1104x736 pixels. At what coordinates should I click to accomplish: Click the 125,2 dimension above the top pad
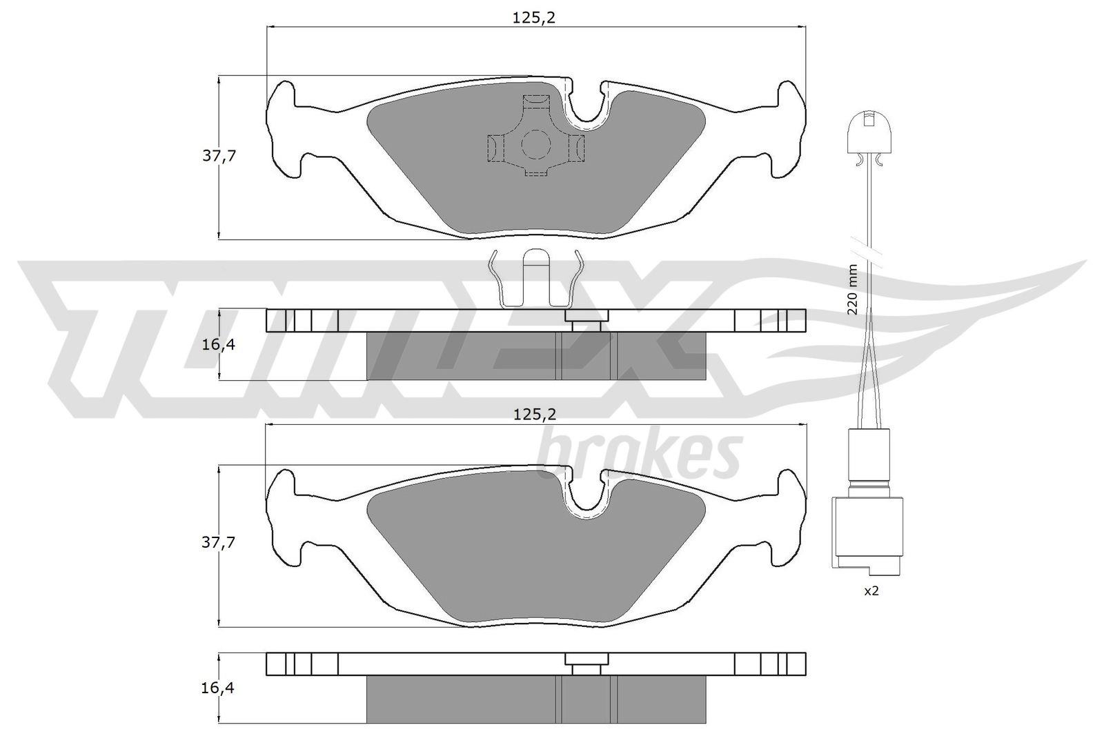coord(534,18)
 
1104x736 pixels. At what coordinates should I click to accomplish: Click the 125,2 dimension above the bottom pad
coord(535,415)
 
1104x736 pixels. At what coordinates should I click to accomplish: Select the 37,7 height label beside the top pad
coord(219,156)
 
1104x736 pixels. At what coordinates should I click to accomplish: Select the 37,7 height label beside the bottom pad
coord(219,542)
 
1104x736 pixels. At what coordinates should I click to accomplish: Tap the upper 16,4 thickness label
coord(218,345)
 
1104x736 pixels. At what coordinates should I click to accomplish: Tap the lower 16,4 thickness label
coord(218,688)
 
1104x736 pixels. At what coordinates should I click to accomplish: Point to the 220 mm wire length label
coord(853,290)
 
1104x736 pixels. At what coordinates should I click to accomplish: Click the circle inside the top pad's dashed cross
coord(535,144)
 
